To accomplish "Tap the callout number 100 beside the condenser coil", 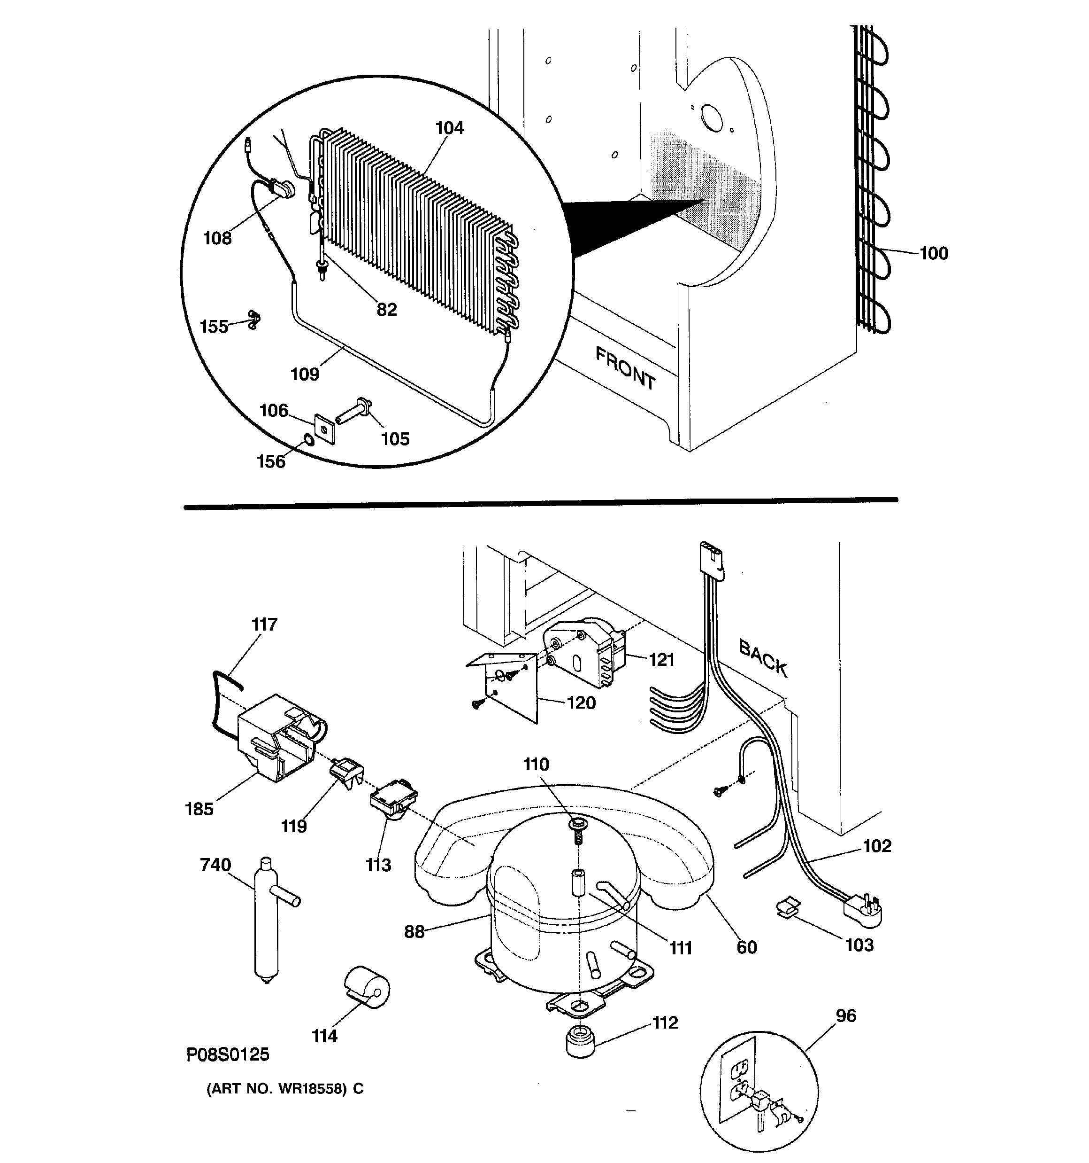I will tap(934, 253).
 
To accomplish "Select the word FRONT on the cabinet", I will tap(625, 368).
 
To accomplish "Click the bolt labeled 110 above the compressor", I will tap(577, 829).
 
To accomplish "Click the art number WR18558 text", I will tap(284, 1089).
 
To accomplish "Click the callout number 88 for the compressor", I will tap(414, 931).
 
